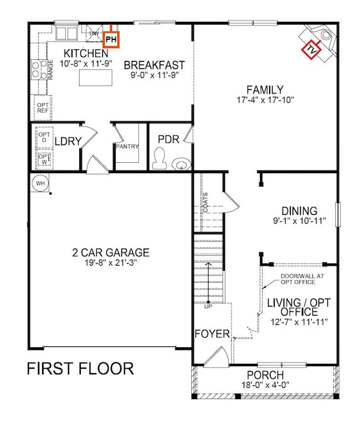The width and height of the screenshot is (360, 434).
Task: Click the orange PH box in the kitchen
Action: pyautogui.click(x=111, y=39)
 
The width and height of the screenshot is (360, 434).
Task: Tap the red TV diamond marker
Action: pyautogui.click(x=311, y=50)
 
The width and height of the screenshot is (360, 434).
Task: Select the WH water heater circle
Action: pyautogui.click(x=40, y=183)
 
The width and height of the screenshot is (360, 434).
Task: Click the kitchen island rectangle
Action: pyautogui.click(x=95, y=77)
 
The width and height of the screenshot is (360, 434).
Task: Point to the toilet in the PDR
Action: pyautogui.click(x=160, y=158)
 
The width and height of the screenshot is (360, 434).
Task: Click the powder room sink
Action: pyautogui.click(x=181, y=164)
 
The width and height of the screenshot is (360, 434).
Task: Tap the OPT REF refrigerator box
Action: pyautogui.click(x=43, y=107)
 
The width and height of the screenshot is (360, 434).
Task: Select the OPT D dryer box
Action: pyautogui.click(x=44, y=137)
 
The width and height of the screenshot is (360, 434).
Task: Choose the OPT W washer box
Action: pyautogui.click(x=44, y=159)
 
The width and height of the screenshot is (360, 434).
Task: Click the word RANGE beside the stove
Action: pyautogui.click(x=50, y=70)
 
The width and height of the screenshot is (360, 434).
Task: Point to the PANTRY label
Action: pyautogui.click(x=127, y=146)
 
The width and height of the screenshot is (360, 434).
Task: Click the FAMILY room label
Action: pyautogui.click(x=265, y=90)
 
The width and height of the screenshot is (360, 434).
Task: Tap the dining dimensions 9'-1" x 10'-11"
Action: pyautogui.click(x=299, y=221)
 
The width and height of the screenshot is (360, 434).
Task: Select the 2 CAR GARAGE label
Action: pyautogui.click(x=111, y=252)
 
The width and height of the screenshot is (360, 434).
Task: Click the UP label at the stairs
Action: pyautogui.click(x=208, y=307)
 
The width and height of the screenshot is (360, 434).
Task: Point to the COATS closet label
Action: pyautogui.click(x=205, y=203)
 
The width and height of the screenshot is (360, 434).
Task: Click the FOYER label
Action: pyautogui.click(x=212, y=334)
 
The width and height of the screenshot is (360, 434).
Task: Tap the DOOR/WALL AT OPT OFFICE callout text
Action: pyautogui.click(x=302, y=279)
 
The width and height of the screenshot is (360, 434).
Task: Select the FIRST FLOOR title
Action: pyautogui.click(x=80, y=369)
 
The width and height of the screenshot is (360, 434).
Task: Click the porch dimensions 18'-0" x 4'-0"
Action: pyautogui.click(x=265, y=385)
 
